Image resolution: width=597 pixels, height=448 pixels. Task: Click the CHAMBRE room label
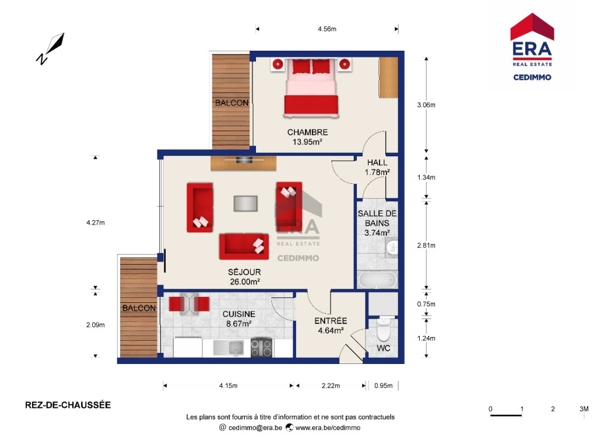tap(307, 132)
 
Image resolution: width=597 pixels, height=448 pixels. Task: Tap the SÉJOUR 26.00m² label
tap(244, 277)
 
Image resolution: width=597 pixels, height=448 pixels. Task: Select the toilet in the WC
tap(384, 330)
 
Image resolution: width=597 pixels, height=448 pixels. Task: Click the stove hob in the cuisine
tap(262, 348)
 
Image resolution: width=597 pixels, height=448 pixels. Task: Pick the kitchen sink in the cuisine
tap(228, 348)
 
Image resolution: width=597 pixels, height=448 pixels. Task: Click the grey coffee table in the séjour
tap(245, 204)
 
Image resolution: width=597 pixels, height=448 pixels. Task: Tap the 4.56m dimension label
tap(327, 29)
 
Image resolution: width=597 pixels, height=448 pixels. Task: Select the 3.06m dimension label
tap(426, 105)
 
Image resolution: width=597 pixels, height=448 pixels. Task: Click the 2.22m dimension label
tap(331, 386)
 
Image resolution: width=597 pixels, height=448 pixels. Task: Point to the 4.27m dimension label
tap(95, 222)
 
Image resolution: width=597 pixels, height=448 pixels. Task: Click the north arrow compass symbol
tap(51, 48)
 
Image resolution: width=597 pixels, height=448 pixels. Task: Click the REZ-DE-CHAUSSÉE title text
tap(68, 405)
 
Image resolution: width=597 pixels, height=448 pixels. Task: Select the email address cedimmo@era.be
tap(255, 428)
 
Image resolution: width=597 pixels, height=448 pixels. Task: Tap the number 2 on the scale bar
tap(553, 409)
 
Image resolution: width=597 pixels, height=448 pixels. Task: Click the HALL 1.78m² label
tap(377, 167)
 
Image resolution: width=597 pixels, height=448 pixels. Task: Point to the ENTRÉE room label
tap(331, 321)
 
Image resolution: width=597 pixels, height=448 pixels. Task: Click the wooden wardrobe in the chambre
tap(388, 78)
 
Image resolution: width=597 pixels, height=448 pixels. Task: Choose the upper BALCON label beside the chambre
tap(231, 103)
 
